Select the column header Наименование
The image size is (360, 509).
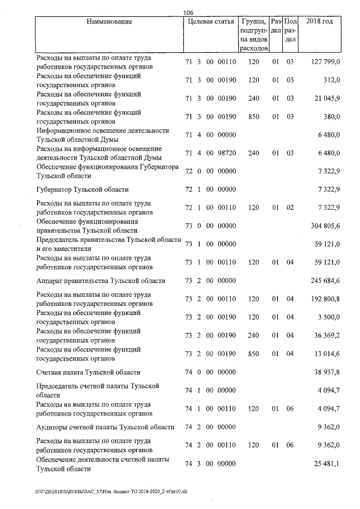[x=110, y=22]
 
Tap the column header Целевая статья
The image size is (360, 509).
[x=210, y=22]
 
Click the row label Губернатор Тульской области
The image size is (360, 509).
[x=83, y=190]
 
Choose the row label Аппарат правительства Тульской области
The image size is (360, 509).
[x=101, y=281]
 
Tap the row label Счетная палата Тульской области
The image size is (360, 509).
[x=88, y=372]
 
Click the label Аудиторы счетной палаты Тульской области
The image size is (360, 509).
[x=105, y=427]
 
